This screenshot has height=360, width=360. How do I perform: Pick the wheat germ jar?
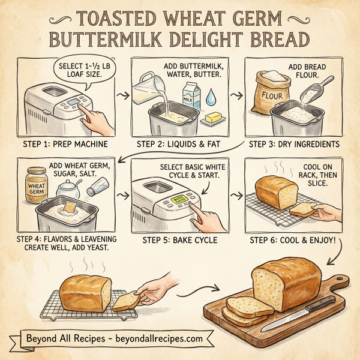(37, 184)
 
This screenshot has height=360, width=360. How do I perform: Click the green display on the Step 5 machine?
(179, 200)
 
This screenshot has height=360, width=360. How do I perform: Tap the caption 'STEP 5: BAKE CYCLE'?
(180, 241)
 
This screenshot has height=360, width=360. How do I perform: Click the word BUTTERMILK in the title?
(114, 39)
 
